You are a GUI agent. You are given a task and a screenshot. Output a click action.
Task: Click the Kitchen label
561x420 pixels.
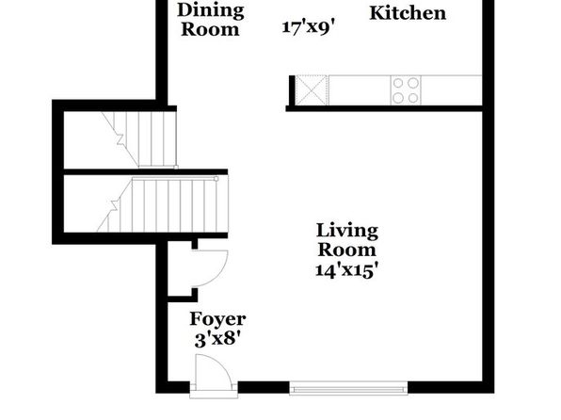point(408,13)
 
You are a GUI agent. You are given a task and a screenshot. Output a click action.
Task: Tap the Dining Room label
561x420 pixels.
point(211,20)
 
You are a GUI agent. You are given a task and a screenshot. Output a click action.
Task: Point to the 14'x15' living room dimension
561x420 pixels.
point(346,270)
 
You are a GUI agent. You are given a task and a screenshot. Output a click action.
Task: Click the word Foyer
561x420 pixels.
point(217,319)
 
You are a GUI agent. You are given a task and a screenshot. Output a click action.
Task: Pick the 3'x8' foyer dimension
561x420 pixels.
point(217,338)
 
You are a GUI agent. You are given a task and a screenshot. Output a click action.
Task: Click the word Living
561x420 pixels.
point(347,231)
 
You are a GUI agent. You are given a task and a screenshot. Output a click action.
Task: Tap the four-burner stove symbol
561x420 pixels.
point(406,90)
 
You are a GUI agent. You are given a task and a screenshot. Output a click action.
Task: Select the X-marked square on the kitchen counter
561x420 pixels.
point(312,90)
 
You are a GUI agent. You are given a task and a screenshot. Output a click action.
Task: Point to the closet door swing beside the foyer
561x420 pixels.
point(211,268)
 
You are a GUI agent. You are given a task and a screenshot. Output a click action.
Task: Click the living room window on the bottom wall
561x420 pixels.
point(348,389)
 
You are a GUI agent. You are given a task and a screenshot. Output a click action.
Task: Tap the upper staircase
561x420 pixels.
point(139,139)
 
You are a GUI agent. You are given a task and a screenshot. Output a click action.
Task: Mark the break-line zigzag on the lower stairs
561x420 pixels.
point(115,205)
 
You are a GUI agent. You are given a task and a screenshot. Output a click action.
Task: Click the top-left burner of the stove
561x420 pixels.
point(398,83)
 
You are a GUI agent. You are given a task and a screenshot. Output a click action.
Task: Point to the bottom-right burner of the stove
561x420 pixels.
point(413,98)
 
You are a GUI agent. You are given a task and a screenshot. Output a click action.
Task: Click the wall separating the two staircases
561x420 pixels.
point(146,172)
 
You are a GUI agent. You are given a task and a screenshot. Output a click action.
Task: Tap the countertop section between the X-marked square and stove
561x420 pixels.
point(360,90)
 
